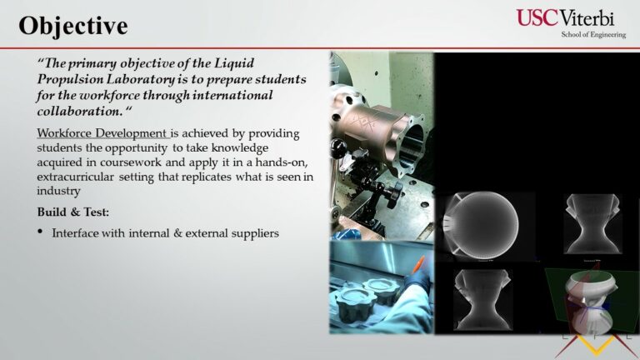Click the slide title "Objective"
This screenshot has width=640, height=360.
73,26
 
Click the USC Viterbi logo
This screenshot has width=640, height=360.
571,23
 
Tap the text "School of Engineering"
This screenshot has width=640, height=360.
593,35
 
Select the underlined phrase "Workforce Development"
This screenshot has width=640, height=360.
102,133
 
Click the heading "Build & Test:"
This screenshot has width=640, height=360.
73,212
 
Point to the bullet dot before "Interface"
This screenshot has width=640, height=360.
40,232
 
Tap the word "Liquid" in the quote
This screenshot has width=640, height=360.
234,63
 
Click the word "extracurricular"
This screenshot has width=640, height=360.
76,177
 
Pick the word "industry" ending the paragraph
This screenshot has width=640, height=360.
58,191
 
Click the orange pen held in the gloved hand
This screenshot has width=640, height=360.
418,264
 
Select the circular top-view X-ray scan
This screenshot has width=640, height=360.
482,225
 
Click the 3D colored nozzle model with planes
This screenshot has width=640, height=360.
590,301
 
